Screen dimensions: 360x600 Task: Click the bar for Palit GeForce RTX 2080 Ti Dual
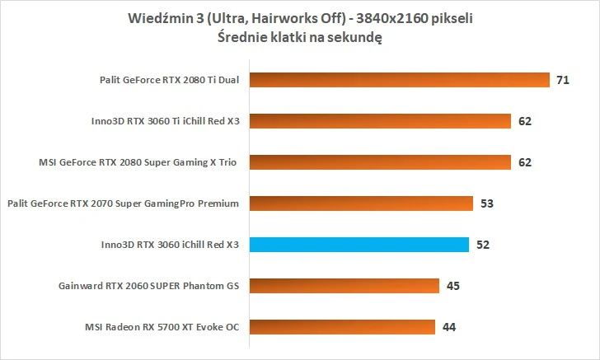[397, 80]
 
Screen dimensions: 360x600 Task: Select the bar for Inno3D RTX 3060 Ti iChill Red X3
[378, 121]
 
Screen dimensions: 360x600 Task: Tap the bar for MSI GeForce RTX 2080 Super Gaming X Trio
[378, 162]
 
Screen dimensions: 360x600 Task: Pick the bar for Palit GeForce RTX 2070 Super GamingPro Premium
[359, 203]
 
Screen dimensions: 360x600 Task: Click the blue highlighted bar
[358, 245]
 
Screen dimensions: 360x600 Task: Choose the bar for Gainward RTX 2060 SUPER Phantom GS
[343, 286]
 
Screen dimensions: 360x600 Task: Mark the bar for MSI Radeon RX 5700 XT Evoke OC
[340, 327]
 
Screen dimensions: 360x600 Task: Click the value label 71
[563, 81]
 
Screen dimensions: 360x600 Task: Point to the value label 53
[487, 203]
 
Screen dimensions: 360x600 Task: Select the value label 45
[453, 287]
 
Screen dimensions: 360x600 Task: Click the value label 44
[449, 328]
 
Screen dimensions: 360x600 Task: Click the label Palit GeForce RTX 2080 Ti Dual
[166, 81]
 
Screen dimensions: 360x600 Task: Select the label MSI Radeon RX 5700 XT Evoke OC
[162, 328]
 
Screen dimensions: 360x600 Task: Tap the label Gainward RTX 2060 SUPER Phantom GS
[148, 287]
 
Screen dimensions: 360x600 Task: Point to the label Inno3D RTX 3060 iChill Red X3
[168, 245]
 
